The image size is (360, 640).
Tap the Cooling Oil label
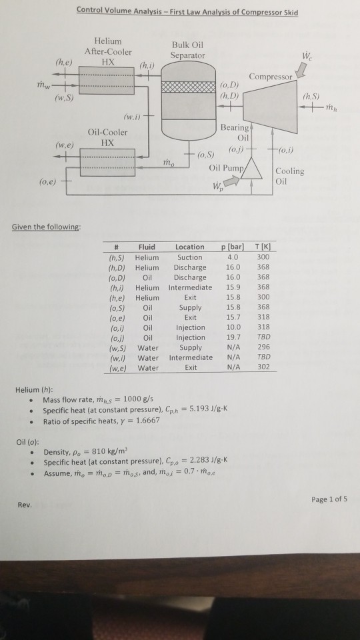tap(289, 175)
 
